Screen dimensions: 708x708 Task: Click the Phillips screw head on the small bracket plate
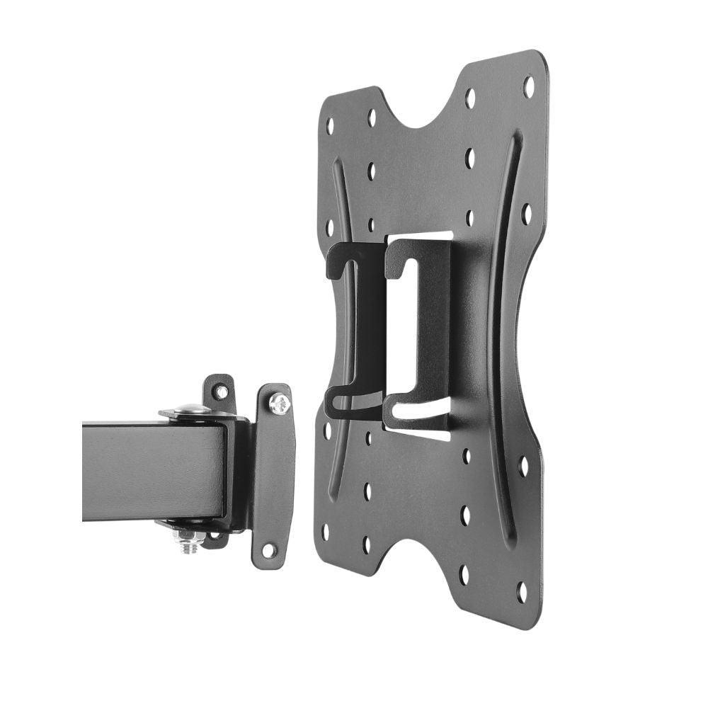click(x=279, y=404)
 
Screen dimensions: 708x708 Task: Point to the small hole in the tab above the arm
click(x=222, y=391)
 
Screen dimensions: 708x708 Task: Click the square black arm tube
click(x=152, y=471)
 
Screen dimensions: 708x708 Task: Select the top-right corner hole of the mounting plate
click(x=528, y=86)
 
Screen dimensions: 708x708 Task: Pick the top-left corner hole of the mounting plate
click(x=329, y=126)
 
